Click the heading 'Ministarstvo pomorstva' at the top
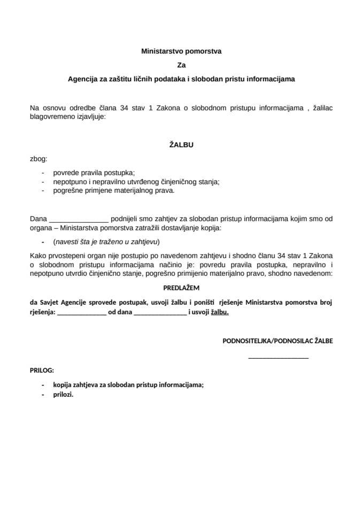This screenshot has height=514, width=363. [181, 52]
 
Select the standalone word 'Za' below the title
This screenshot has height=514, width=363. [181, 65]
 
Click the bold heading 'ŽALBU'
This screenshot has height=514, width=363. [181, 144]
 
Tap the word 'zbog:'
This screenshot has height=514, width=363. [38, 158]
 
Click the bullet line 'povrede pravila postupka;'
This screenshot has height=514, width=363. [94, 172]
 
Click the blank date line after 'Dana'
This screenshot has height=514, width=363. [79, 219]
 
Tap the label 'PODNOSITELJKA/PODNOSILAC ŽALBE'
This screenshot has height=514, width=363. [277, 341]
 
